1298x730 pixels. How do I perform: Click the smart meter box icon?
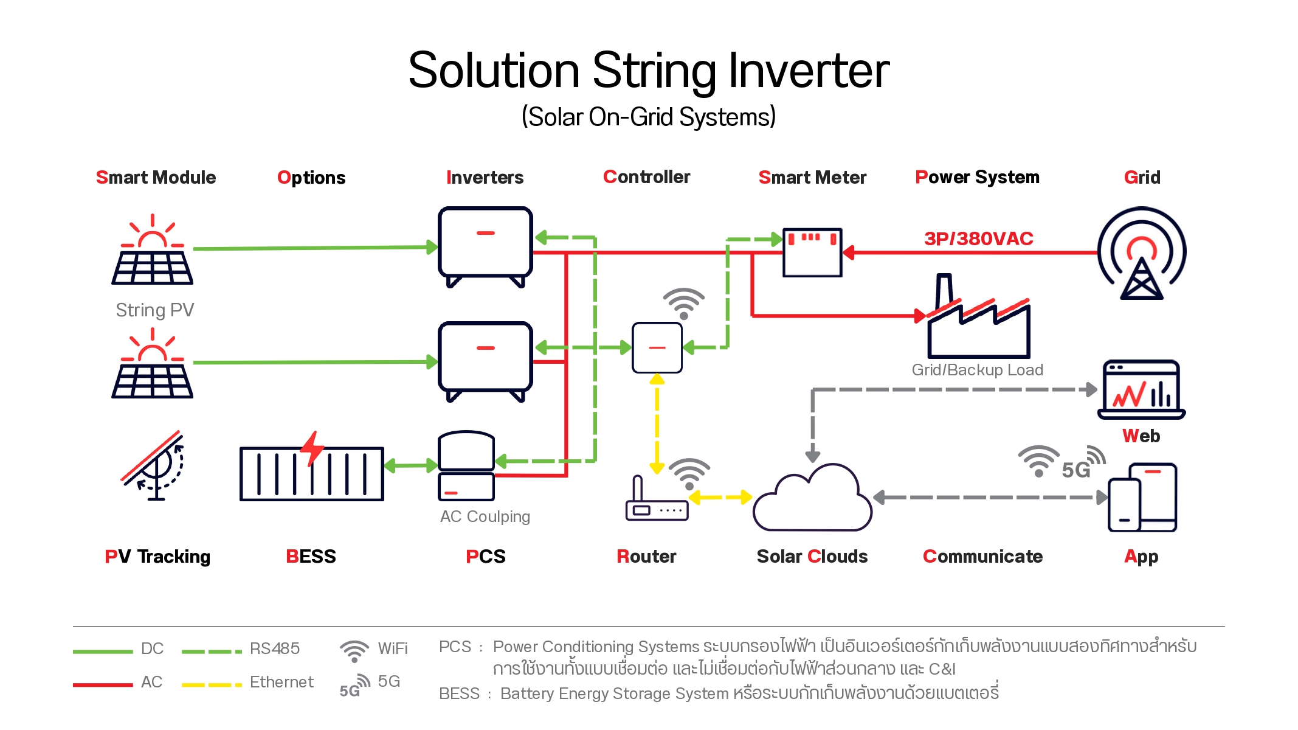812,252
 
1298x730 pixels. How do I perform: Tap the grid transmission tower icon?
1142,253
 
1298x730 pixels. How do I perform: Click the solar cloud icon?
812,498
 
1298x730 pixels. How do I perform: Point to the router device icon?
657,499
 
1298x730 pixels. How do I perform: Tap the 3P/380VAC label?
979,238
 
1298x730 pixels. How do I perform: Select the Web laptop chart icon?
1142,390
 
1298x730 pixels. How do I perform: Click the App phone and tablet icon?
1142,497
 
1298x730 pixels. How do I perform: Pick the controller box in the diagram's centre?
657,347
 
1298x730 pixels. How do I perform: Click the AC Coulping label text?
485,516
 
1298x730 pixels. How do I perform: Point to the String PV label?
155,310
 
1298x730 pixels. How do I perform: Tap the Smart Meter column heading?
812,178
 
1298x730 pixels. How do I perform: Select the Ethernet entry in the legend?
281,682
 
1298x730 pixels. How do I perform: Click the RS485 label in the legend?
275,648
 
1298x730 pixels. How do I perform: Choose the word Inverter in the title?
809,71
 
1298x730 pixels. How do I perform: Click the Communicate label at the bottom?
982,557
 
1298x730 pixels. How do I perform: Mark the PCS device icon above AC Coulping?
466,466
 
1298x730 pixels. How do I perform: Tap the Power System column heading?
978,178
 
